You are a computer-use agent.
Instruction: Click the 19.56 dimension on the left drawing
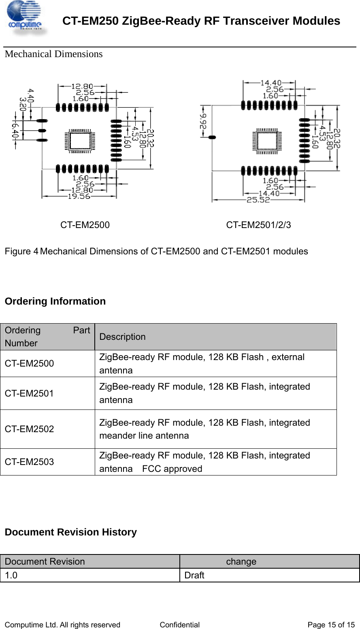coord(79,196)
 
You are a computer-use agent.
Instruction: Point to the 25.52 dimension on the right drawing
coord(258,200)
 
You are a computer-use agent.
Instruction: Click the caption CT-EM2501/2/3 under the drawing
coord(258,225)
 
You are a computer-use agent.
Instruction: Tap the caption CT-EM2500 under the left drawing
coord(85,225)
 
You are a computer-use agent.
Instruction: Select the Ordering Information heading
coord(55,301)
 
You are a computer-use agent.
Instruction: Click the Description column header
coord(122,337)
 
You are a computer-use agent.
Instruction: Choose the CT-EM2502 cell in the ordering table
coord(29,429)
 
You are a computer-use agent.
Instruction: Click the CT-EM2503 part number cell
coord(29,462)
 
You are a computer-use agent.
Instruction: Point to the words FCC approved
coord(172,469)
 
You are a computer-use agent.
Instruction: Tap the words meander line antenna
coord(144,436)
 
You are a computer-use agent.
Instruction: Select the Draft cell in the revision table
coord(194,576)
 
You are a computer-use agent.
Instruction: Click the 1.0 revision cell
coord(11,576)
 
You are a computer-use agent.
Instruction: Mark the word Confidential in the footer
coord(180,625)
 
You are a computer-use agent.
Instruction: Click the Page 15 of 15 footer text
coord(331,625)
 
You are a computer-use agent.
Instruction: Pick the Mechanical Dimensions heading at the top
coord(54,54)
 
